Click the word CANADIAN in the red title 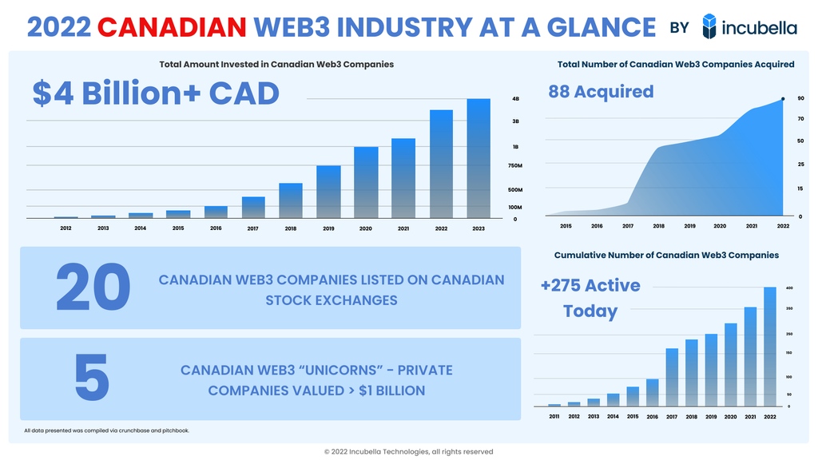171,27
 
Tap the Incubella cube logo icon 709,26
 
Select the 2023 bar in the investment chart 478,158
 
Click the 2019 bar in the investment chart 328,192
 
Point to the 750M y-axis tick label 515,166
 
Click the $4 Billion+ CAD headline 156,93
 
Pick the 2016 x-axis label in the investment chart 216,228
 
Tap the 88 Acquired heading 601,92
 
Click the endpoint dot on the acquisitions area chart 783,99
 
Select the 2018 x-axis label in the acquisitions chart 658,227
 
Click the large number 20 93,288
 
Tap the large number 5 92,379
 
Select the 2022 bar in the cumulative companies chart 770,347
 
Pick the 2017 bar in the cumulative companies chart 672,377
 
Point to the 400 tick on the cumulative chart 789,287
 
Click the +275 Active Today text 590,298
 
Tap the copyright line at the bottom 408,452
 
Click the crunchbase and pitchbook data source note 107,431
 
